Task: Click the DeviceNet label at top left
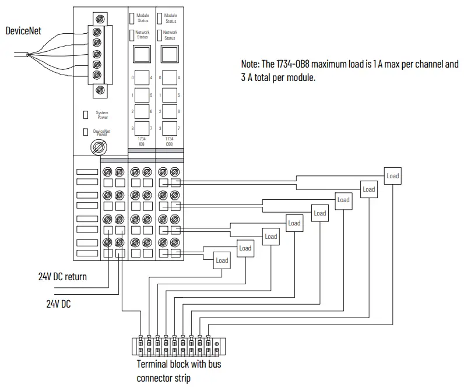23,31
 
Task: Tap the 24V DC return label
62,277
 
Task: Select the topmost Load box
393,176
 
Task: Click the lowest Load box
222,260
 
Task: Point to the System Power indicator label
102,115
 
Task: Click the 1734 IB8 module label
142,142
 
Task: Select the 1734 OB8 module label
169,142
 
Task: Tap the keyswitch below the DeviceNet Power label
99,147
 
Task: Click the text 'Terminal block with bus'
179,364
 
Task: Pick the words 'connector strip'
164,378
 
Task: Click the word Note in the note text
249,64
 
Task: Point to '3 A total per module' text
277,77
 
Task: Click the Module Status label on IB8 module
143,18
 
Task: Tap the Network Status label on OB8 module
170,35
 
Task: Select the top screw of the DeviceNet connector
100,20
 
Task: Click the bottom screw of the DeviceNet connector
100,90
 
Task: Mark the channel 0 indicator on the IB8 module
142,78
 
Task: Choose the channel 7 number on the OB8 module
179,128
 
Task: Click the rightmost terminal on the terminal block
217,347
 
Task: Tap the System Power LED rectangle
86,115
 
